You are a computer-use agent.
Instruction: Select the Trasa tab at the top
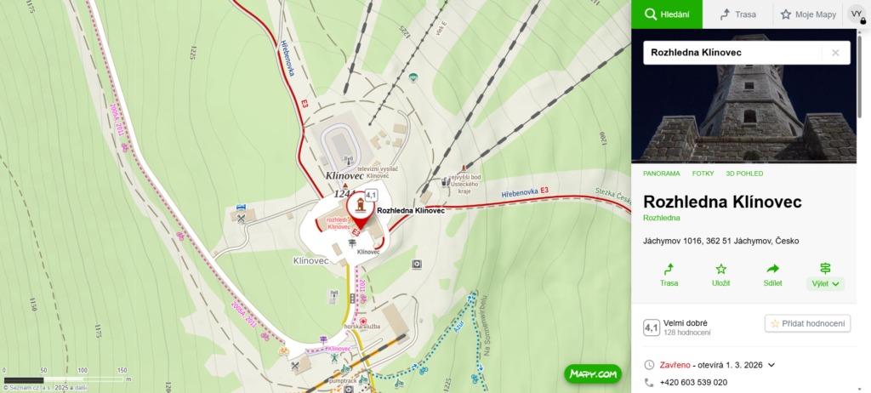pyautogui.click(x=737, y=14)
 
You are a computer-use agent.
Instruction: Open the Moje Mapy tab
pyautogui.click(x=808, y=14)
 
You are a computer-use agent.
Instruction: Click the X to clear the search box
pyautogui.click(x=835, y=53)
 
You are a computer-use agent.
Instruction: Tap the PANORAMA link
pyautogui.click(x=661, y=174)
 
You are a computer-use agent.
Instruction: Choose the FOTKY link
pyautogui.click(x=703, y=174)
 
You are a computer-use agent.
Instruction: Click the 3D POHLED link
pyautogui.click(x=744, y=174)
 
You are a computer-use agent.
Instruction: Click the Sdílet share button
pyautogui.click(x=773, y=274)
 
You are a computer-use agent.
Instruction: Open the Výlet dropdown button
pyautogui.click(x=825, y=282)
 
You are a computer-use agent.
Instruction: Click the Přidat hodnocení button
pyautogui.click(x=808, y=323)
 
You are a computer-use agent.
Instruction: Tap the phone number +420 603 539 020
pyautogui.click(x=693, y=383)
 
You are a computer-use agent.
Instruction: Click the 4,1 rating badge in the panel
pyautogui.click(x=652, y=327)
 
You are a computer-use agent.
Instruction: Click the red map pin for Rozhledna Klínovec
pyautogui.click(x=361, y=212)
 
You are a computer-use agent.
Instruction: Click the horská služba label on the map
pyautogui.click(x=361, y=327)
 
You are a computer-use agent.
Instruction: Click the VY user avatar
pyautogui.click(x=856, y=14)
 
